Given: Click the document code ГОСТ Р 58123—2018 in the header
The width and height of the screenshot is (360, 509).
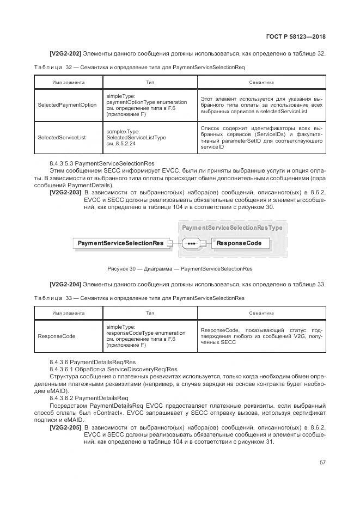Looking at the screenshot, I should pyautogui.click(x=296, y=37).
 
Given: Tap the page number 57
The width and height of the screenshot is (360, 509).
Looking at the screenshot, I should pyautogui.click(x=322, y=462).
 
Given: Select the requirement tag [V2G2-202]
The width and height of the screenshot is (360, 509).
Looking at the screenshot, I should pyautogui.click(x=65, y=53).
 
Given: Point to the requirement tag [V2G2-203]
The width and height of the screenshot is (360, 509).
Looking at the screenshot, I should pyautogui.click(x=65, y=193).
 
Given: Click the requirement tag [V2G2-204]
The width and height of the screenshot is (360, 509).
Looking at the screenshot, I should pyautogui.click(x=65, y=284).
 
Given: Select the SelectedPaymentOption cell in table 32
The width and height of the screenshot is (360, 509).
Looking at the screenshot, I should pyautogui.click(x=67, y=105).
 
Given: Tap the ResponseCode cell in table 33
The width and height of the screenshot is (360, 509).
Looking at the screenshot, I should pyautogui.click(x=57, y=336).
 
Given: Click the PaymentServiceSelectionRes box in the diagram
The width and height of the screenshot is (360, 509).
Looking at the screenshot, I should pyautogui.click(x=120, y=243).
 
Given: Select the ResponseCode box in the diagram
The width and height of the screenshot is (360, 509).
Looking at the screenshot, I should pyautogui.click(x=239, y=243).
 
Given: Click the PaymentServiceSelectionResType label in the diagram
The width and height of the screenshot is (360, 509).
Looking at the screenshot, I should pyautogui.click(x=231, y=228).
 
